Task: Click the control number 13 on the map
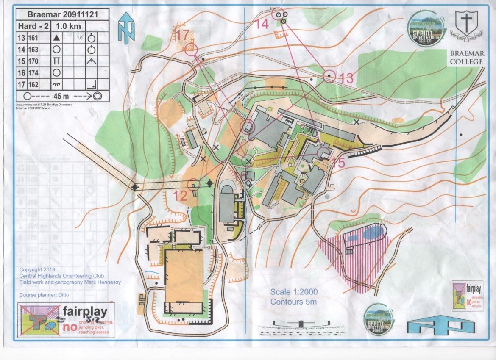coord(347,78)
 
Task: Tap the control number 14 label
coord(262,24)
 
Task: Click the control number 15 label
coord(338,163)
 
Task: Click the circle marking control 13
coord(329,77)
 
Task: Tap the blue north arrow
coord(126,28)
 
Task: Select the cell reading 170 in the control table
coord(33,61)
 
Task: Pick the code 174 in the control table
coord(33,72)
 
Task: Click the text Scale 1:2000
coord(294,292)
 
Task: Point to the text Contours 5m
coord(294,302)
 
